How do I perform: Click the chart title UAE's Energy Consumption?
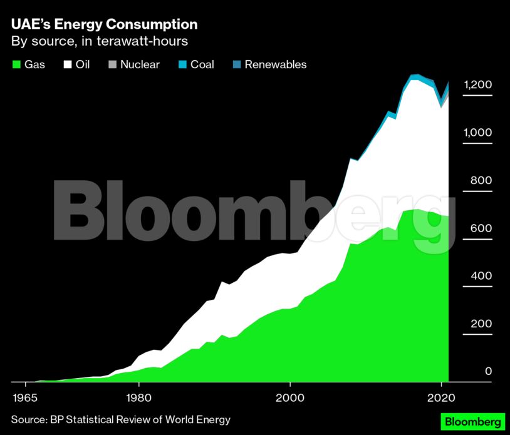[x=104, y=24]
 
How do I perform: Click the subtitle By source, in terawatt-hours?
[x=100, y=42]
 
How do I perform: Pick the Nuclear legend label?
[x=140, y=64]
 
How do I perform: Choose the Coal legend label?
[x=202, y=64]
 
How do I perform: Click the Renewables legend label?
[x=275, y=64]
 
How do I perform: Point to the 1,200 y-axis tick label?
[x=478, y=85]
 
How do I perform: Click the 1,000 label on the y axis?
[x=478, y=133]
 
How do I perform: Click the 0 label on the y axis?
[x=488, y=372]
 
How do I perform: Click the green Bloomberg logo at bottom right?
[x=473, y=421]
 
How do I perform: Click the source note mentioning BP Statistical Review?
[x=120, y=419]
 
